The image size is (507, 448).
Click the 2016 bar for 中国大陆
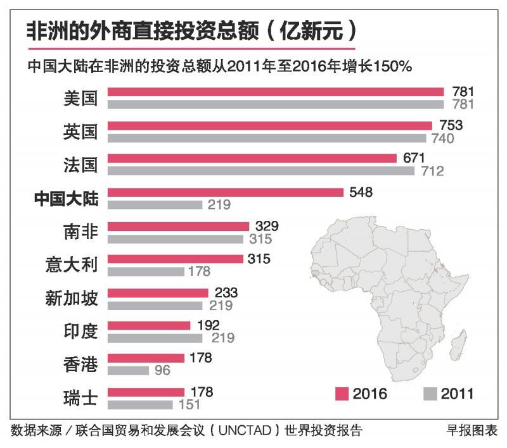click(225, 192)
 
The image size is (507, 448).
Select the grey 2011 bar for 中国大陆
click(155, 204)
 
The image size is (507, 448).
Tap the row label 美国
click(80, 98)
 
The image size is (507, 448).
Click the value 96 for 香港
click(162, 371)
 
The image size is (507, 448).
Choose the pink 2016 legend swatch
click(342, 394)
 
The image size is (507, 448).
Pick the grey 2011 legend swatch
click(429, 394)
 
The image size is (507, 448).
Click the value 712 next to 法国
click(431, 171)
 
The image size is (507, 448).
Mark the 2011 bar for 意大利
click(146, 271)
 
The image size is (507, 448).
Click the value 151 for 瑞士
click(188, 404)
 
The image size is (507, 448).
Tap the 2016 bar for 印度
click(149, 325)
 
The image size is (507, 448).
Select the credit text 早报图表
click(472, 432)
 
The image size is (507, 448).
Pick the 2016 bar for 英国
click(269, 125)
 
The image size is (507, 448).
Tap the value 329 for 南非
click(266, 226)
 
